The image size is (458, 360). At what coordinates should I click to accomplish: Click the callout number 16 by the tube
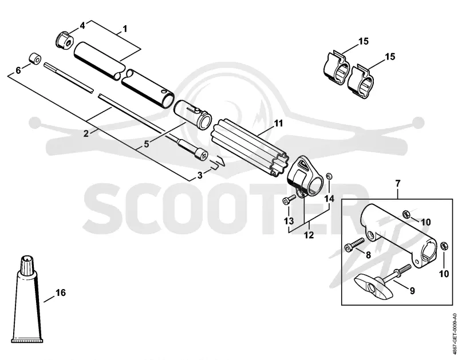[61, 292]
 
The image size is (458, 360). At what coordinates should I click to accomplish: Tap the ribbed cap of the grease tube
[27, 264]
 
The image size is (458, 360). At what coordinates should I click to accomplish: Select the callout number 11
[278, 123]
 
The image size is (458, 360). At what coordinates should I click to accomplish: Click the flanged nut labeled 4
[65, 41]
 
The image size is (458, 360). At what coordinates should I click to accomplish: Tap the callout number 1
[125, 29]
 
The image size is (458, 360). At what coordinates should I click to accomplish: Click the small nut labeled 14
[329, 176]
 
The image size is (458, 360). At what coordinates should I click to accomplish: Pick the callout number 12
[309, 235]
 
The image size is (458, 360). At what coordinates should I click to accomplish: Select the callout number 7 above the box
[398, 184]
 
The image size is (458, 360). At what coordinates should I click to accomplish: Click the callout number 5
[147, 144]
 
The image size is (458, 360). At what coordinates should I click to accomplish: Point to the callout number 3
[200, 175]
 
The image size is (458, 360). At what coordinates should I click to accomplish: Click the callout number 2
[86, 133]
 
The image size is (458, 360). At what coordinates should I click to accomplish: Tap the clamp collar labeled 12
[305, 177]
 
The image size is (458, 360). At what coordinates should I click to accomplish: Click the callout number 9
[412, 291]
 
